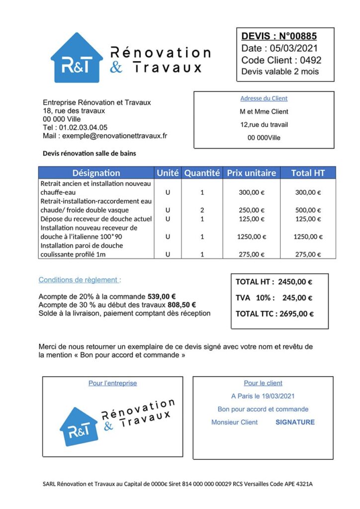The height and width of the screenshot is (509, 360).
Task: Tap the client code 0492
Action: click(310, 60)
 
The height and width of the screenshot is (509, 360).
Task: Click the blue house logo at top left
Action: click(77, 59)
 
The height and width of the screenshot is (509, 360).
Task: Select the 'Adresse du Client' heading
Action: click(264, 98)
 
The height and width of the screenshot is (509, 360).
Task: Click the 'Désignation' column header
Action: click(96, 173)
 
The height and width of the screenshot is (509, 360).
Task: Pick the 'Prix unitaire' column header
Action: click(251, 173)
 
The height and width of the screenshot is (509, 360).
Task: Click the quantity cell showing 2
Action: click(202, 210)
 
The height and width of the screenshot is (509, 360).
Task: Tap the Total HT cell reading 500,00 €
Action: click(308, 210)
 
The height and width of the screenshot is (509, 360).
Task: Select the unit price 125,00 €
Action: click(252, 219)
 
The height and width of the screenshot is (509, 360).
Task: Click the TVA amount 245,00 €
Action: click(297, 298)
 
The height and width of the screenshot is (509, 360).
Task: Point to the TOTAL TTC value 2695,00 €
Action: click(297, 314)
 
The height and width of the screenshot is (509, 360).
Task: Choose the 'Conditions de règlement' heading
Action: click(80, 280)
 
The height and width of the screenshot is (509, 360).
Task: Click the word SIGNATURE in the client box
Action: click(295, 422)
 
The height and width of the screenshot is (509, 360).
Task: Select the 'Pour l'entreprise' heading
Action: click(112, 383)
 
